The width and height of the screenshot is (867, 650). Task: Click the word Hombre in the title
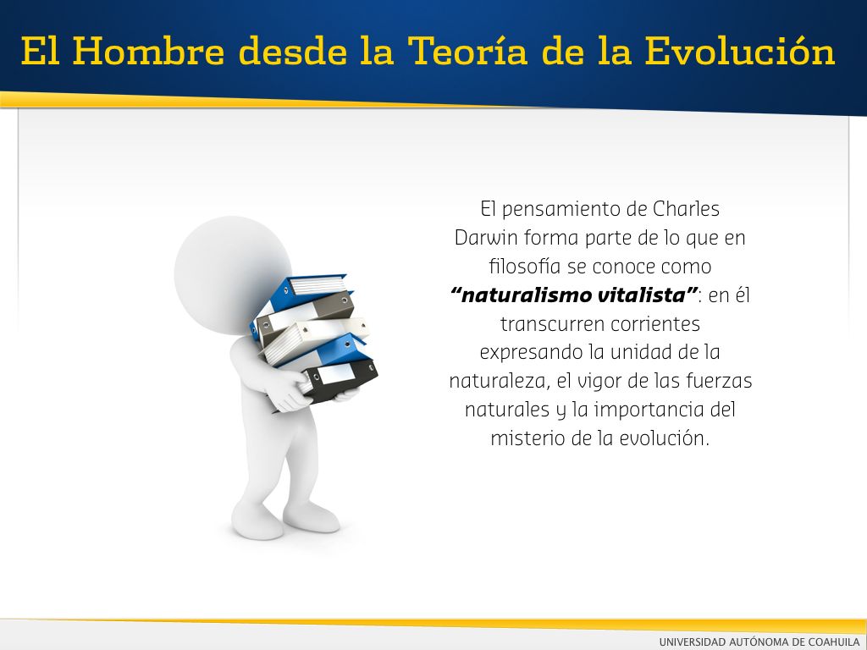coord(148,51)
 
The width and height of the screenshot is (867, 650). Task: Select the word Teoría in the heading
coord(467,51)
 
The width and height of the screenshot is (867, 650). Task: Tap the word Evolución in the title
coord(739,51)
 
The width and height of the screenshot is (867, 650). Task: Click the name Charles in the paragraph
coord(686,209)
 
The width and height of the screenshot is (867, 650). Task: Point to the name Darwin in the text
coord(486,238)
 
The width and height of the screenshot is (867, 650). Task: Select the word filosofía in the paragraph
coord(524,267)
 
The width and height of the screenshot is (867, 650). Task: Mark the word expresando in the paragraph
coord(531,353)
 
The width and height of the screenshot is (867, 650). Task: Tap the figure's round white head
coord(233,274)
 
